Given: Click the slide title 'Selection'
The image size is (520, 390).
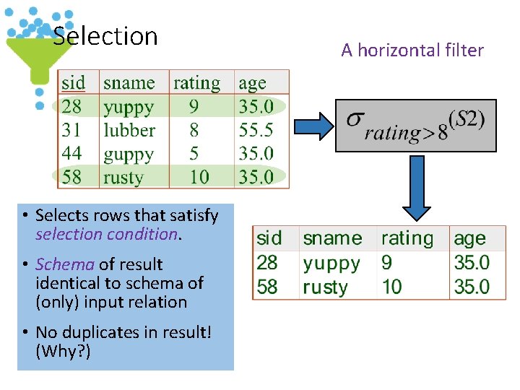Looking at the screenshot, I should (105, 35).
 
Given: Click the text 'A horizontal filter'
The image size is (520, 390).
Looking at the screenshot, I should (412, 50).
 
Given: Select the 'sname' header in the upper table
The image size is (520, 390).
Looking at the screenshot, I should (129, 83).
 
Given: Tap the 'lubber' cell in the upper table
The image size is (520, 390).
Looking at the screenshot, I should (129, 131).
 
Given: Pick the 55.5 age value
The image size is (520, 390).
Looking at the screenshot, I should (256, 131).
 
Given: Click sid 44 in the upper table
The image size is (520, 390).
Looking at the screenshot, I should (71, 154).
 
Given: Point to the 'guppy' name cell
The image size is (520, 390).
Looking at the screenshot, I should (129, 155).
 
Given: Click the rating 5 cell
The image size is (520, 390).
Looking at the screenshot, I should (194, 154).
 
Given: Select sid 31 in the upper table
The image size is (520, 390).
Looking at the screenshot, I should (71, 131).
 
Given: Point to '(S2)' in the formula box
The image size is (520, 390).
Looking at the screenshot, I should (467, 118).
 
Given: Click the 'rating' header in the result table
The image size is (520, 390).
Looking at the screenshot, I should (407, 238).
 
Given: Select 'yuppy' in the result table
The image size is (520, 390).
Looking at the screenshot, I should (331, 263).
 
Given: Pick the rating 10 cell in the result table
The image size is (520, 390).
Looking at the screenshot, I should (391, 287).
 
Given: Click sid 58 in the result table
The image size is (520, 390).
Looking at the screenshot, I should (267, 287).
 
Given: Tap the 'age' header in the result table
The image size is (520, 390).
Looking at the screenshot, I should (469, 238).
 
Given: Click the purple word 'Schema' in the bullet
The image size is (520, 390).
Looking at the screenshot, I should (65, 264).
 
